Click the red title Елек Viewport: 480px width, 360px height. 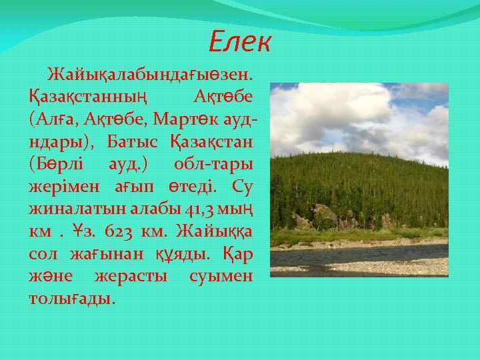[239, 43]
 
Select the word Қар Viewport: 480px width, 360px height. [237, 254]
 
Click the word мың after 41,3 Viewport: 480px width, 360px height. [234, 209]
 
